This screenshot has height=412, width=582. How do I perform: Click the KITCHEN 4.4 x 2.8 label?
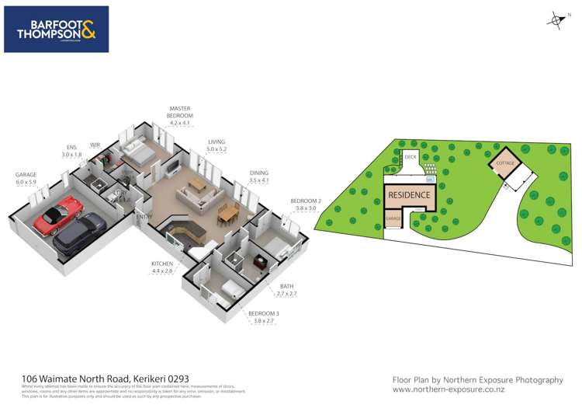(x=163, y=268)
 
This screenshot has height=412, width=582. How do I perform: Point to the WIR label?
(x=95, y=145)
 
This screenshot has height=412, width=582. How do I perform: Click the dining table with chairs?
(x=227, y=211)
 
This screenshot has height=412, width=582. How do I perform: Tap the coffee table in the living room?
(x=197, y=185)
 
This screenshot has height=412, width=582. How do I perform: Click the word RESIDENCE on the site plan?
(x=409, y=195)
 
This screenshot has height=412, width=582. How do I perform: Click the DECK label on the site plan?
(x=411, y=158)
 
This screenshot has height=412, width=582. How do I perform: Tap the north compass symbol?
(x=554, y=19)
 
